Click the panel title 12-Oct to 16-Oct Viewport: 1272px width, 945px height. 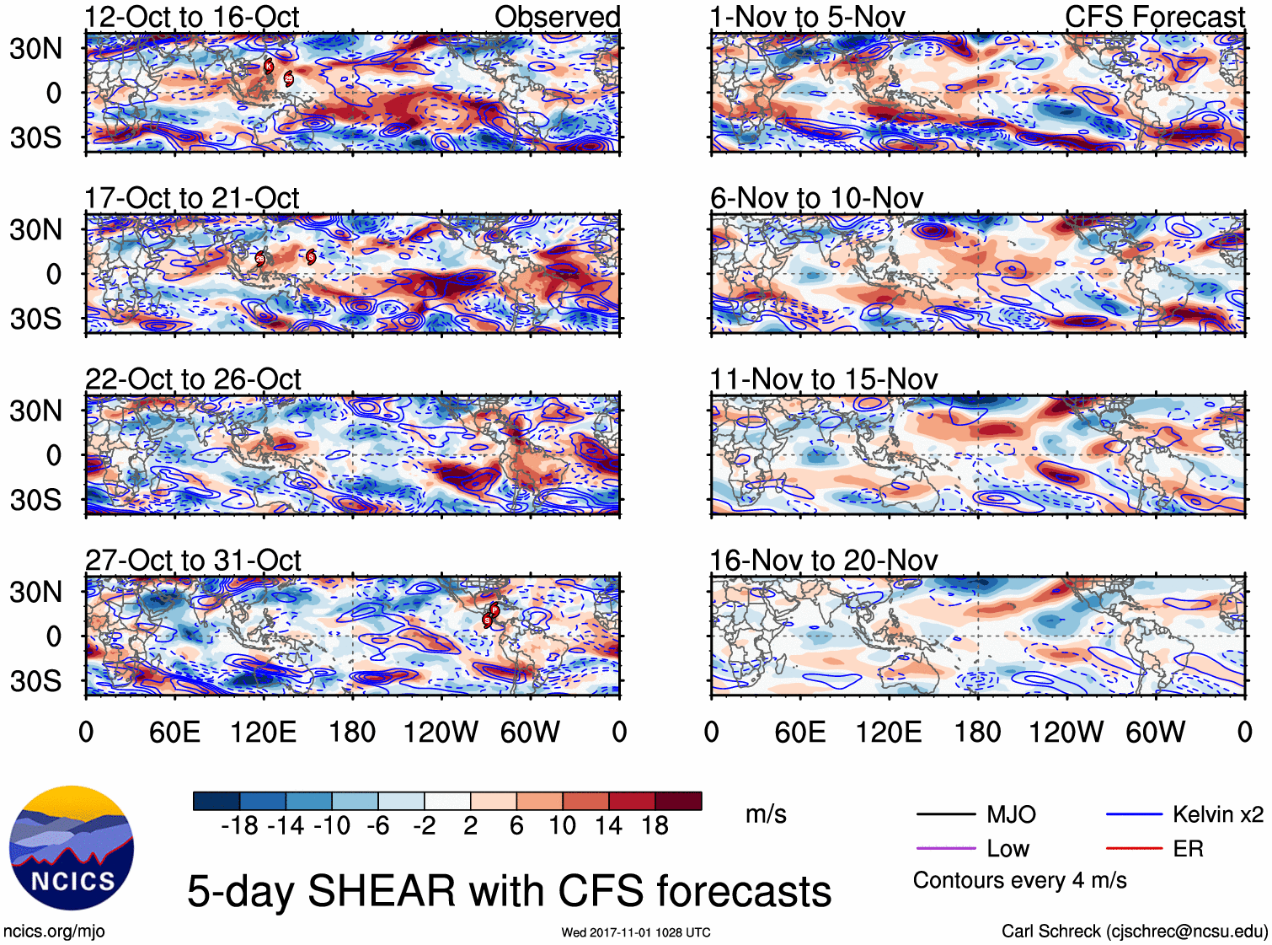tap(192, 17)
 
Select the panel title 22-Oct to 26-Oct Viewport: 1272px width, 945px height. tap(193, 379)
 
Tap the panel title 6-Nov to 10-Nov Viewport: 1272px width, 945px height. tap(816, 198)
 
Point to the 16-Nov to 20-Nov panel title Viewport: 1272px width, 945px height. tap(823, 561)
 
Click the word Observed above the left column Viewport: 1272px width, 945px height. tap(557, 17)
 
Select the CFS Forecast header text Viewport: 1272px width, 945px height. tap(1154, 17)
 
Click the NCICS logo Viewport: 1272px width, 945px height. tap(72, 848)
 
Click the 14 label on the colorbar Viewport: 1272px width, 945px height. tap(608, 825)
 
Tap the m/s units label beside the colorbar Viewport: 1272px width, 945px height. tap(766, 814)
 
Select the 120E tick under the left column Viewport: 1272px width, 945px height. tap(263, 732)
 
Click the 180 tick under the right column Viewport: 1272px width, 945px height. tap(977, 732)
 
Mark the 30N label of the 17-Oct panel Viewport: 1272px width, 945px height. tap(35, 229)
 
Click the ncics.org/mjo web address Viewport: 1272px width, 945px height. tap(54, 932)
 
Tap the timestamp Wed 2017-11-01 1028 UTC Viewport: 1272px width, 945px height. tap(636, 932)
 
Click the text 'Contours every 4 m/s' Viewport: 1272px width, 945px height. tap(1019, 881)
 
